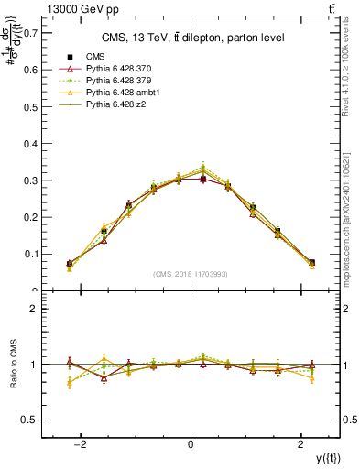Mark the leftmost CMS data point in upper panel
point(70,263)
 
